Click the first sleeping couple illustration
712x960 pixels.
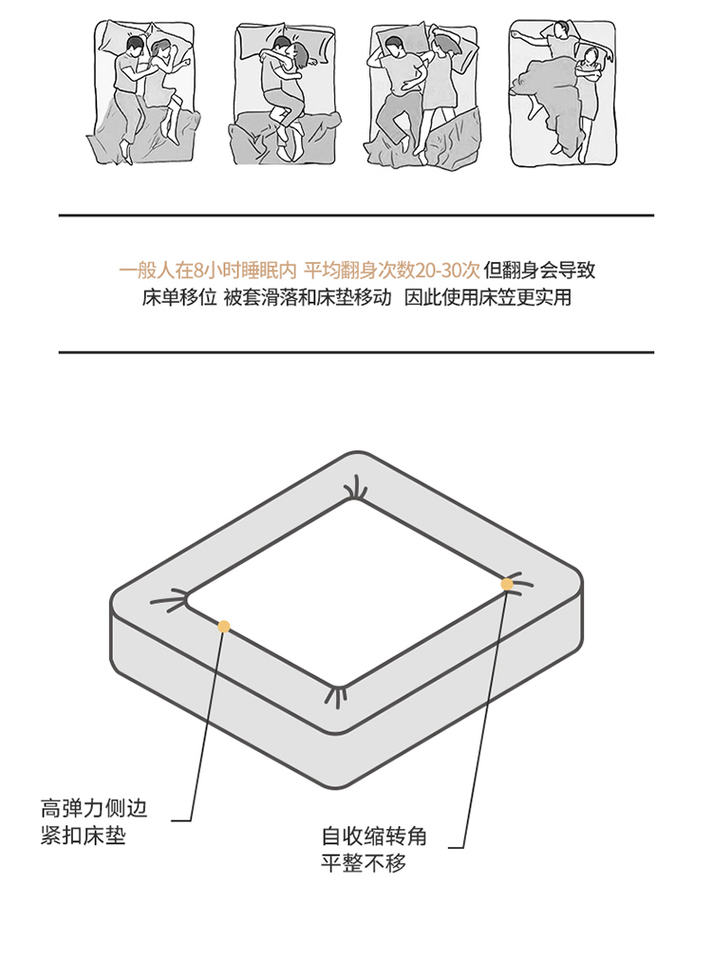140,92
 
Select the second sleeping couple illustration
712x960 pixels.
284,94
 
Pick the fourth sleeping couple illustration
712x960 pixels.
562,92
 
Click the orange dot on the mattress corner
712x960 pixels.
507,584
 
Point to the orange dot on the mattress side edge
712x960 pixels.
224,627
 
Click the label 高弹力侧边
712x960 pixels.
94,808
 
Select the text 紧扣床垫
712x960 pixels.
84,835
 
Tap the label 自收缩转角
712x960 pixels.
374,837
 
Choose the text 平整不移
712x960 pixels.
364,863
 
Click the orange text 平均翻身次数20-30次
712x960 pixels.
392,270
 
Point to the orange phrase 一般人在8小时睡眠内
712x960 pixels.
208,270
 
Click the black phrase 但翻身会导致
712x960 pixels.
539,270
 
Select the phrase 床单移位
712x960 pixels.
179,297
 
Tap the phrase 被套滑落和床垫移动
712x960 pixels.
308,297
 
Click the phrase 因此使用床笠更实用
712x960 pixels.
488,297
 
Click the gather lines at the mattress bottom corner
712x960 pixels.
336,697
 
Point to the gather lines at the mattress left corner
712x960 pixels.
169,600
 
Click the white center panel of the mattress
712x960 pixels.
347,593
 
